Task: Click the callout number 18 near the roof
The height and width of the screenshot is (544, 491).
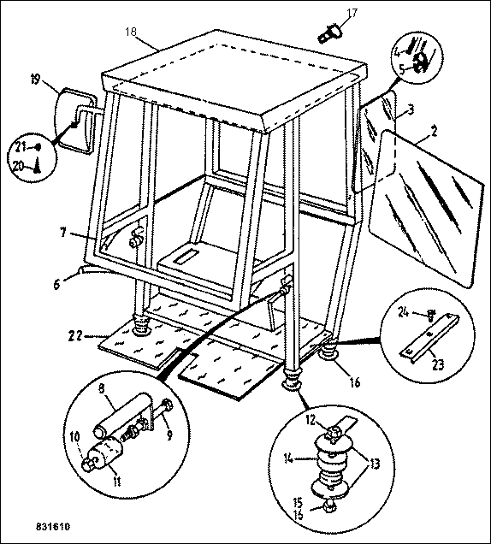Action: (131, 32)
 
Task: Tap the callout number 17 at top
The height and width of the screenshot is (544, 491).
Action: (352, 13)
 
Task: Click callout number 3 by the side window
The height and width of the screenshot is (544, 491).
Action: (411, 110)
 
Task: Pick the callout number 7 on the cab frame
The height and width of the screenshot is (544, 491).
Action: (62, 232)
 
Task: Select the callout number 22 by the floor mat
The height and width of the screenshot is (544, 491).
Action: (75, 335)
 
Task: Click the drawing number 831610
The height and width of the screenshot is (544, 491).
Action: (53, 526)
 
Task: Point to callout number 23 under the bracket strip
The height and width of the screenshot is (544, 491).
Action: (438, 364)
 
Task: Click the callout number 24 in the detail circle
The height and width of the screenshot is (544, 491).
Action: (403, 312)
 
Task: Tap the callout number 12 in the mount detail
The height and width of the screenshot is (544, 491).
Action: (311, 420)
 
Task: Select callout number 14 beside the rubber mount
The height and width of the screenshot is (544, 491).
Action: (288, 458)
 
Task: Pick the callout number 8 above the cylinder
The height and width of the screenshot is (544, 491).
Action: (101, 388)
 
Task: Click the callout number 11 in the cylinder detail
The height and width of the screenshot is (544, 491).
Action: (117, 482)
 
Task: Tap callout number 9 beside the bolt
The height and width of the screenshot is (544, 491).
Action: (169, 435)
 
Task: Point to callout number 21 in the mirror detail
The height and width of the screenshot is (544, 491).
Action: (21, 147)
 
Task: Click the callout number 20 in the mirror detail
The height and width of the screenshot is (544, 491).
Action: (19, 166)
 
